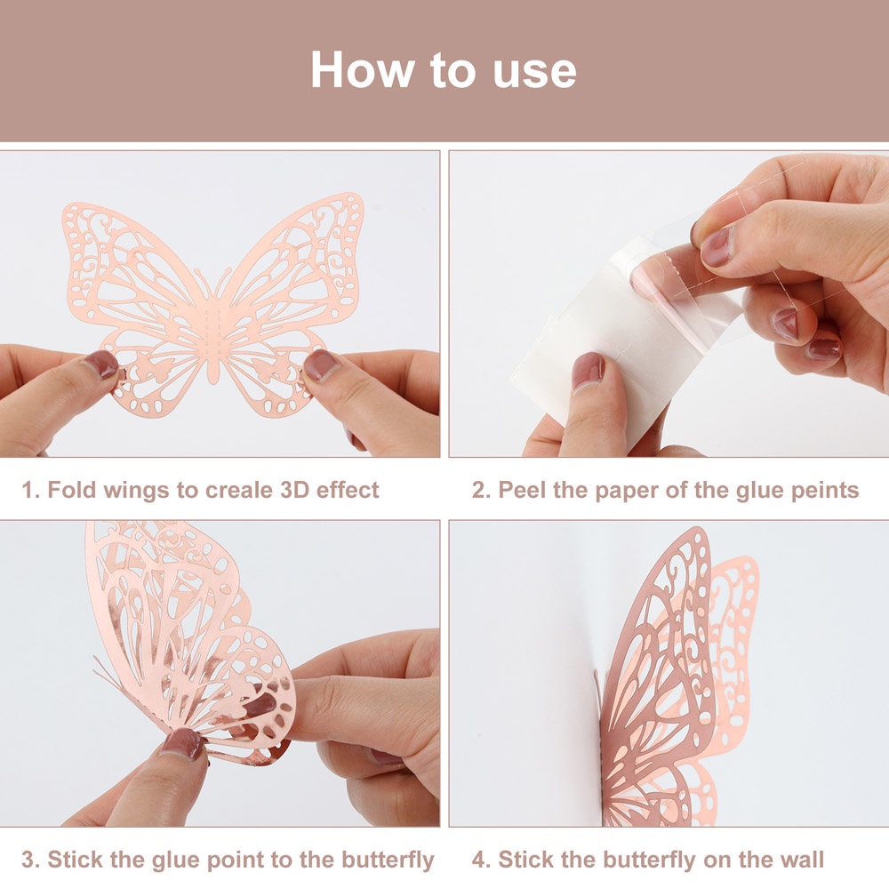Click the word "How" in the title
point(363,69)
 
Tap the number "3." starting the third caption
point(31,860)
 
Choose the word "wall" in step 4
point(801,860)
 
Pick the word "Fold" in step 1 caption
point(71,490)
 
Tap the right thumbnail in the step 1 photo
point(320,364)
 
